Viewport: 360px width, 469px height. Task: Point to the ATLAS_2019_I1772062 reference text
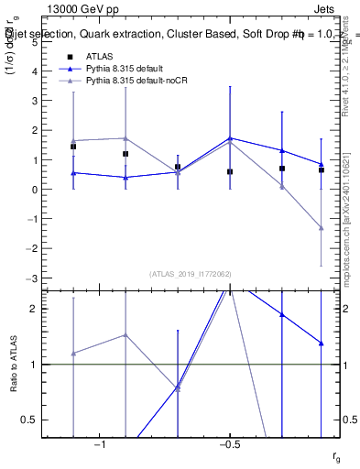[x=190, y=273]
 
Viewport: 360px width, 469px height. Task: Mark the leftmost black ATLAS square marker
[x=73, y=147]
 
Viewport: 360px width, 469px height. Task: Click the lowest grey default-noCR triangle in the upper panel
[x=322, y=227]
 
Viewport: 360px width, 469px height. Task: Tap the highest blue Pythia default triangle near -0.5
[x=230, y=138]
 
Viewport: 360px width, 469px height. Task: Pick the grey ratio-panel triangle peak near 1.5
[x=125, y=335]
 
